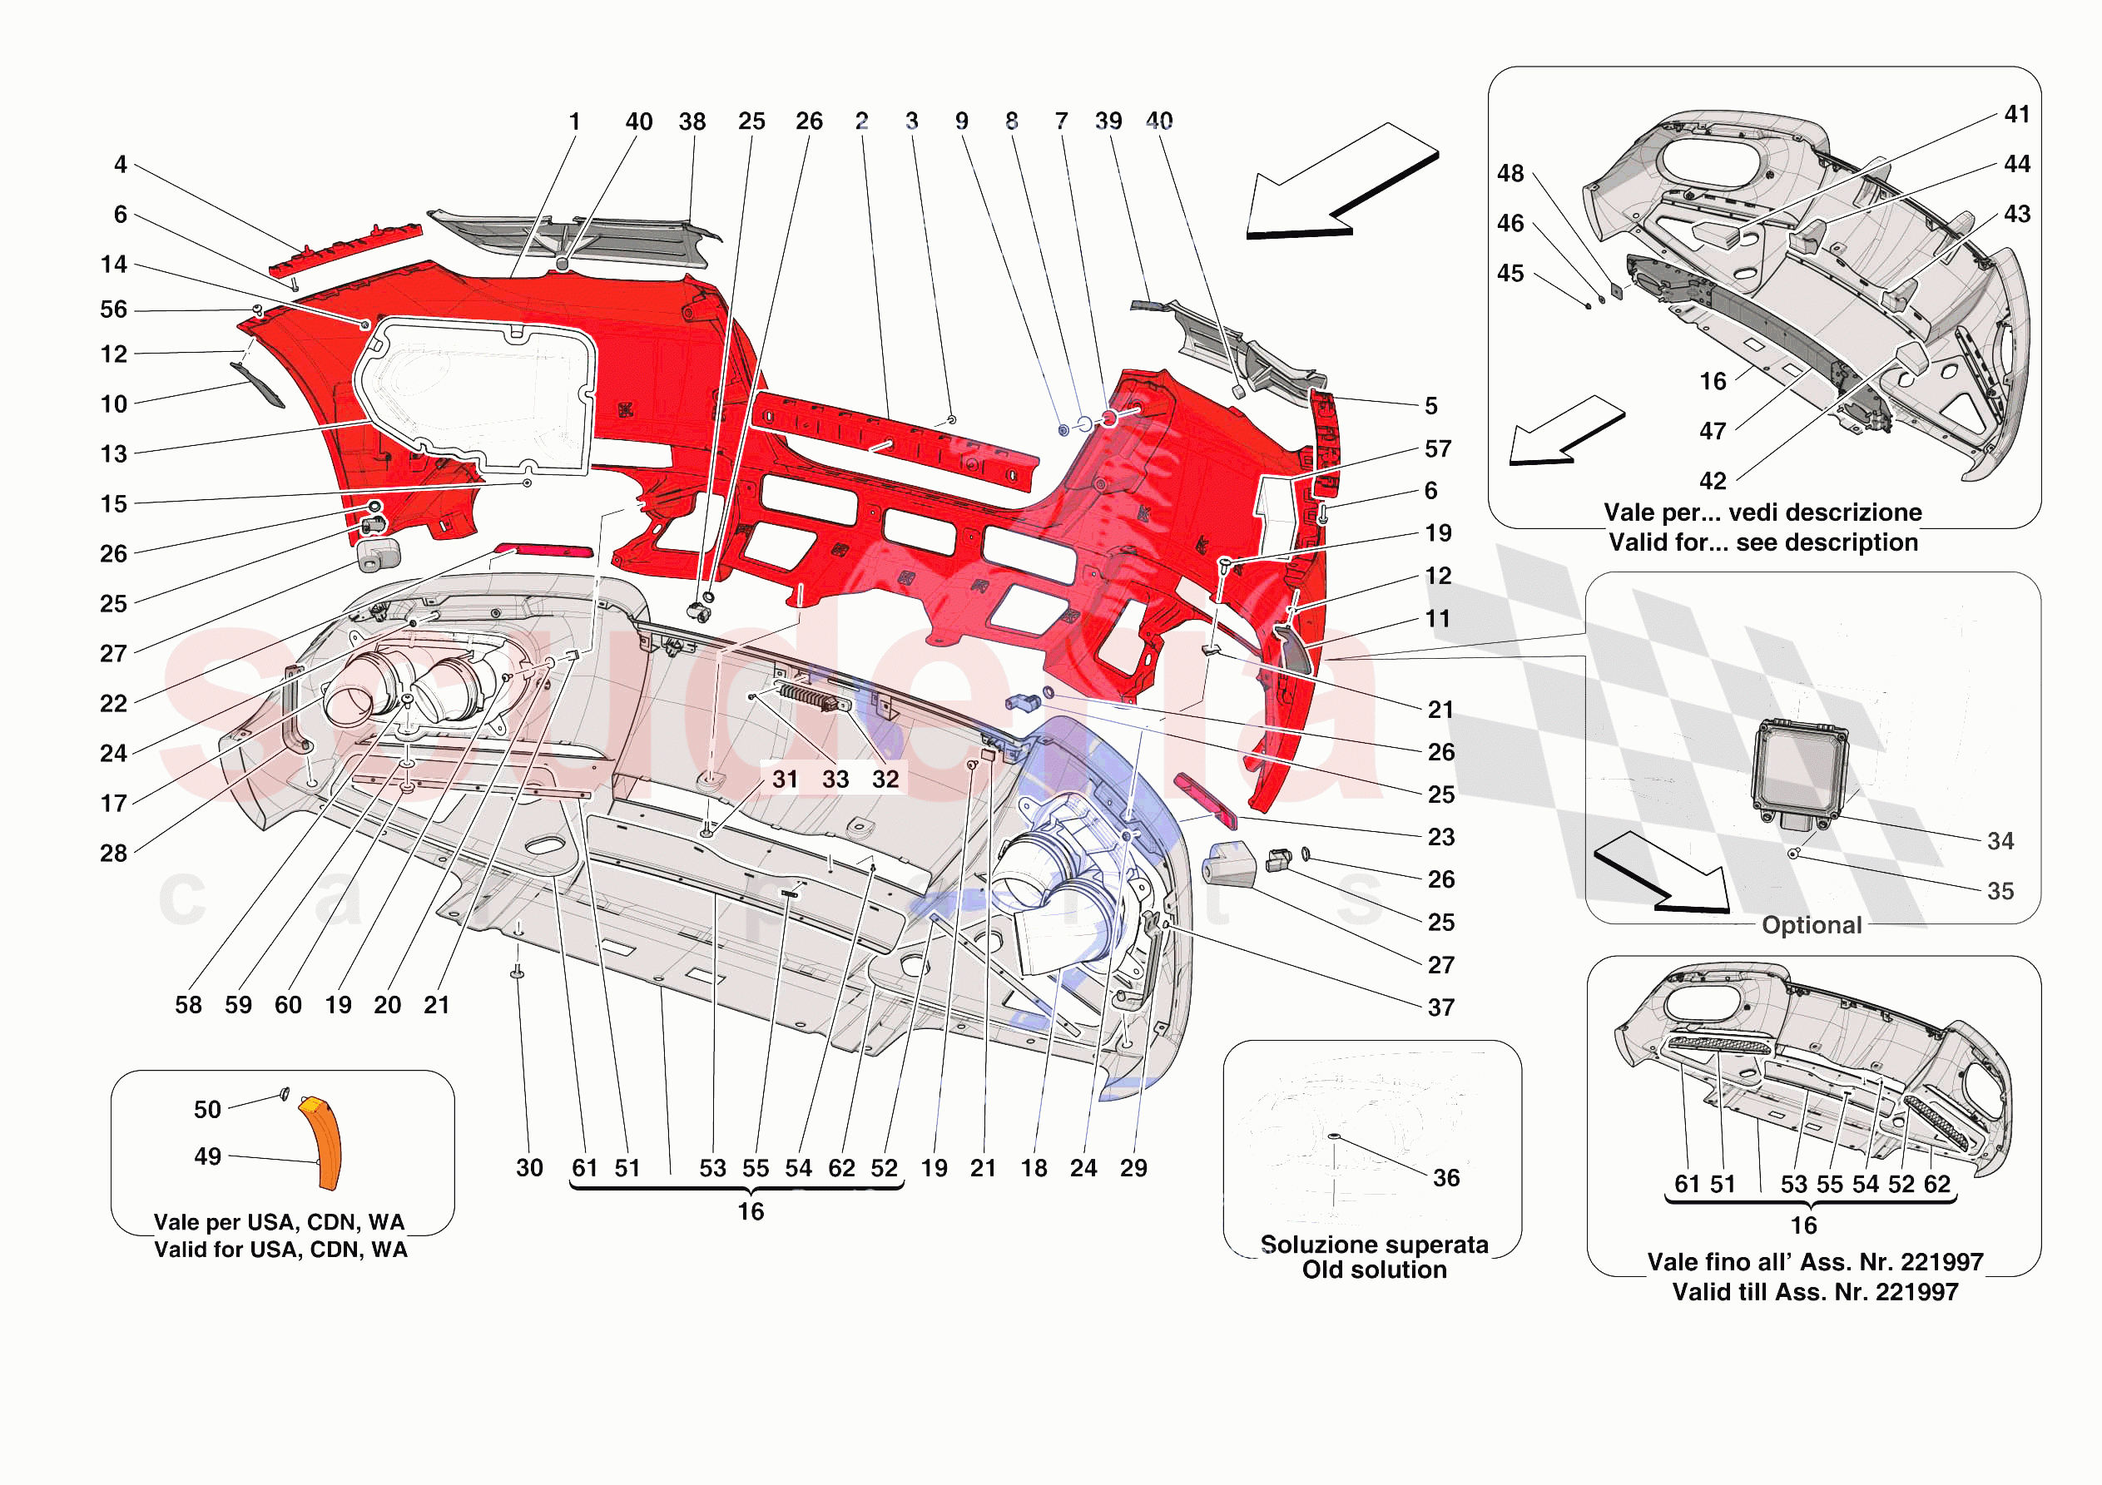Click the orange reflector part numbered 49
pos(322,1142)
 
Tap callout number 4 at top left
pos(120,165)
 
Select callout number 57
pos(1437,448)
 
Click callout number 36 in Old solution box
pos(1445,1177)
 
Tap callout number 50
pos(207,1110)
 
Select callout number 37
pos(1441,1007)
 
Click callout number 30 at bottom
pos(529,1167)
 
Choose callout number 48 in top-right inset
pos(1510,173)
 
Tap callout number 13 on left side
pos(113,453)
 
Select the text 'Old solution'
pos(1374,1270)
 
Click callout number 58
pos(189,1004)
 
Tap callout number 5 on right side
pos(1431,406)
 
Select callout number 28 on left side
pos(113,853)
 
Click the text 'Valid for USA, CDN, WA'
pos(280,1250)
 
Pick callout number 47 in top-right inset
pos(1712,430)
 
